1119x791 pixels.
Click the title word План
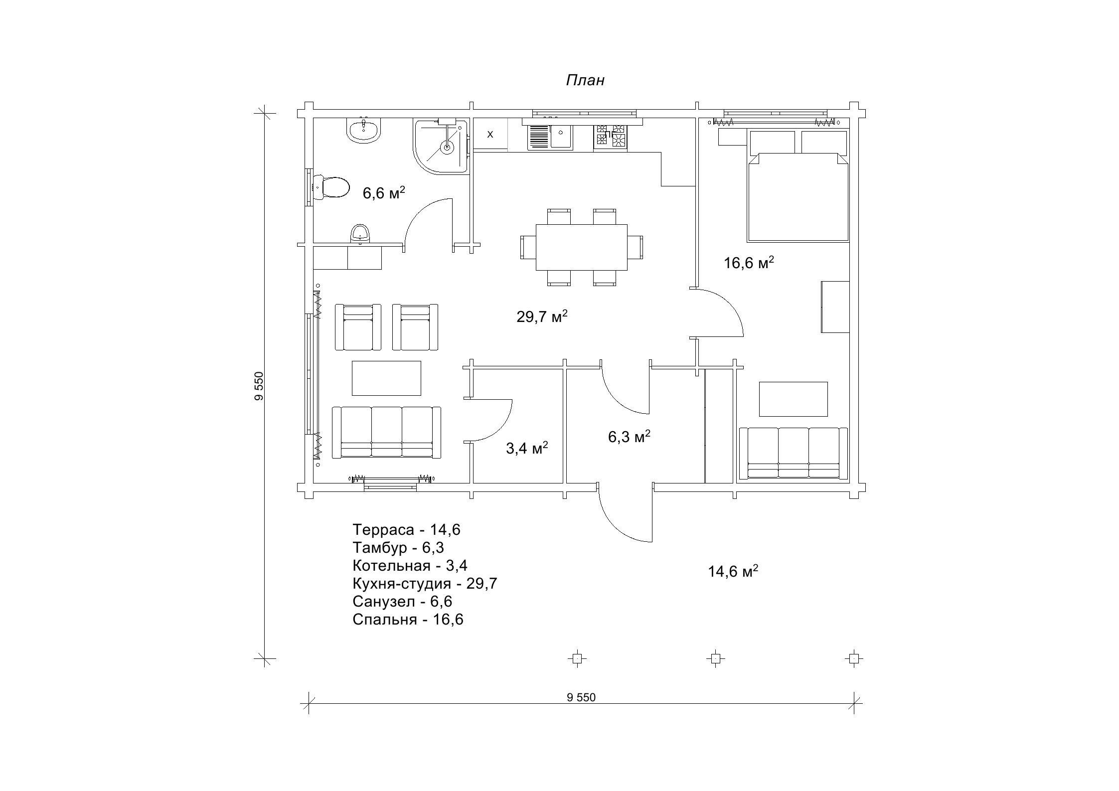pos(585,80)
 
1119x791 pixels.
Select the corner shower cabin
pos(441,147)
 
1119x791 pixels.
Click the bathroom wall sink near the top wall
pos(363,131)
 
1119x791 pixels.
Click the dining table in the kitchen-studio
pos(581,247)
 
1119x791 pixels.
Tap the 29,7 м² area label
pos(542,316)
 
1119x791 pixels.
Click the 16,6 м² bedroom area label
pos(749,263)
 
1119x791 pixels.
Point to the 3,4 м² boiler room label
pos(527,448)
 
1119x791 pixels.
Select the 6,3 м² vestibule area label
pos(629,437)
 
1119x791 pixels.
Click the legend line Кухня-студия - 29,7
pos(425,583)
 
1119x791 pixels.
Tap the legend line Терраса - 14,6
pos(406,529)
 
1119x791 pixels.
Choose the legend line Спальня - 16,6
pos(408,620)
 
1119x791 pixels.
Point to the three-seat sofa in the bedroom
pos(794,453)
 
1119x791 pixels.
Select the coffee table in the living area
pos(386,378)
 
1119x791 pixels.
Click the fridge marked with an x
pos(490,134)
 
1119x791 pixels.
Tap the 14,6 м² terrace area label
pos(733,571)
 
